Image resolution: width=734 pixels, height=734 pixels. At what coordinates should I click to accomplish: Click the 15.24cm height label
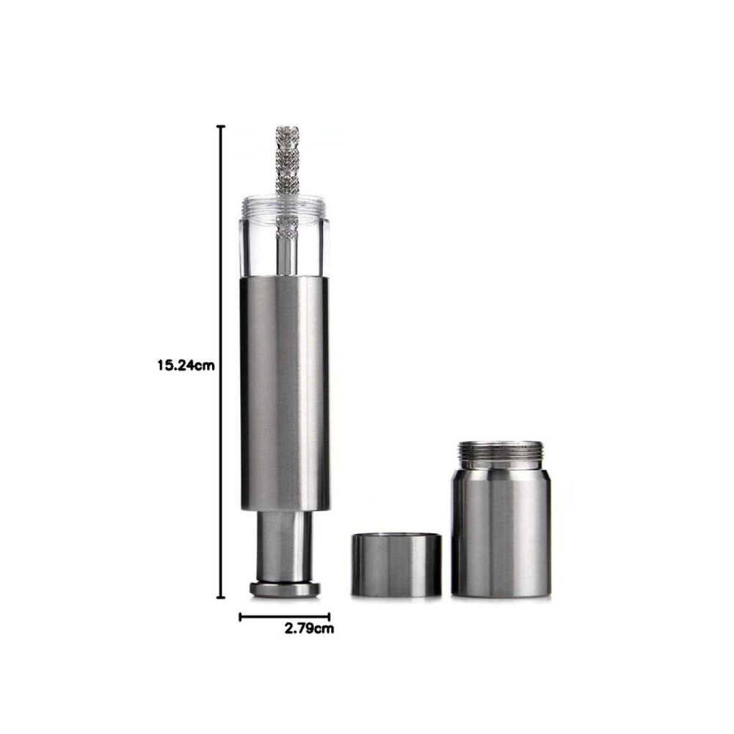click(x=186, y=365)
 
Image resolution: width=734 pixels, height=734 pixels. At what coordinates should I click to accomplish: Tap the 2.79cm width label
click(x=310, y=628)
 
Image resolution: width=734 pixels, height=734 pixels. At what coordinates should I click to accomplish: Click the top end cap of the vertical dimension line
click(x=220, y=126)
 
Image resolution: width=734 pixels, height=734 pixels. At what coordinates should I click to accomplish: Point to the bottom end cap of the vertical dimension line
click(x=220, y=597)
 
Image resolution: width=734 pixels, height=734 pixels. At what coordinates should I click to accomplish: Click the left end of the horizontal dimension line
click(x=240, y=617)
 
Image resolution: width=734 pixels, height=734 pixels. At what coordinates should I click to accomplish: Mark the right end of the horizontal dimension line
click(x=329, y=617)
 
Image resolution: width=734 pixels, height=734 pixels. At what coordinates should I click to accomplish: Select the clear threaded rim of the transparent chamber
click(x=285, y=207)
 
